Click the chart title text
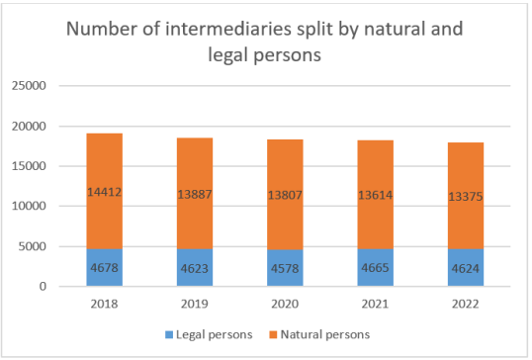(264, 42)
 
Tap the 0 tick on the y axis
(44, 287)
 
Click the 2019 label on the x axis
(193, 304)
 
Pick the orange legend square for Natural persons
(275, 334)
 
